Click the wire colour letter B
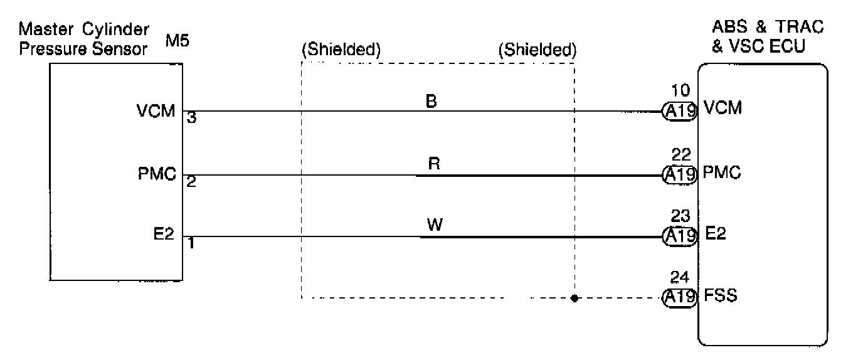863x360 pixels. click(x=431, y=101)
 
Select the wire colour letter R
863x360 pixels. click(x=433, y=164)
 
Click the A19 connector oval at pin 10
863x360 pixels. click(x=680, y=111)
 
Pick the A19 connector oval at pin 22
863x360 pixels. click(x=680, y=174)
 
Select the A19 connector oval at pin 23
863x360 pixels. click(x=680, y=236)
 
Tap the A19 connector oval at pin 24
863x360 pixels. click(x=680, y=297)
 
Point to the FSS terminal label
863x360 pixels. click(x=721, y=295)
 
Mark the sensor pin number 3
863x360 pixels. click(x=191, y=119)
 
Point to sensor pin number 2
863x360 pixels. click(x=191, y=181)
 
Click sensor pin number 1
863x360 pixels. click(x=191, y=243)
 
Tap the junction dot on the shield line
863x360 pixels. click(x=574, y=298)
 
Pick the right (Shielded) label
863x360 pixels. click(x=537, y=51)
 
